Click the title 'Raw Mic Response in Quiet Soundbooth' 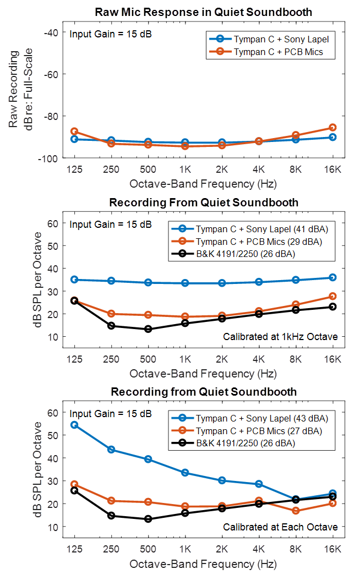click(204, 12)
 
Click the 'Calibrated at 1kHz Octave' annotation click(280, 337)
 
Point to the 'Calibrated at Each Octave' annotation click(280, 527)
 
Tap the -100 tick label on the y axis click(49, 158)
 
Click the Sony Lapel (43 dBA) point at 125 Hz click(74, 425)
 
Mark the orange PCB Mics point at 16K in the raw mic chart click(332, 128)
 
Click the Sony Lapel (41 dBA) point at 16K click(332, 277)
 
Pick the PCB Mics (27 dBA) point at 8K click(296, 511)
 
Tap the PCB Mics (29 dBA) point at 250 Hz click(111, 314)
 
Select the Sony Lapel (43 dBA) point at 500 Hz click(148, 459)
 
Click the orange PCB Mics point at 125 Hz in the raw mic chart click(74, 132)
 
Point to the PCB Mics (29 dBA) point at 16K click(332, 296)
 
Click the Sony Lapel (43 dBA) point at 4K click(259, 484)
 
